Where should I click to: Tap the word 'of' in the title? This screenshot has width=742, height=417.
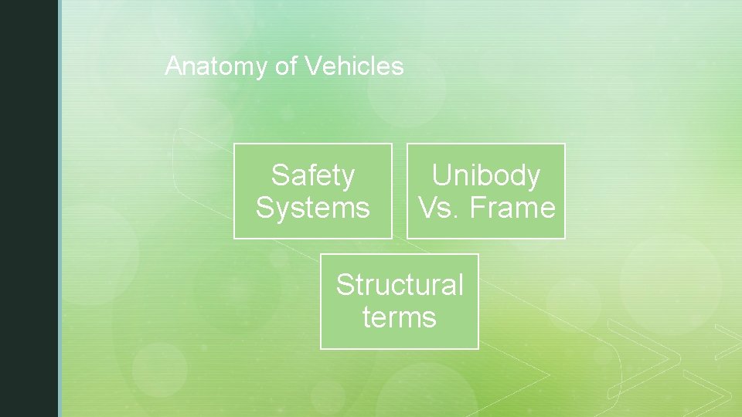pos(286,66)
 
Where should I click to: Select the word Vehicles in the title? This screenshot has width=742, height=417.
pos(354,66)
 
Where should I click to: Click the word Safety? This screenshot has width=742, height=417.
pos(313,176)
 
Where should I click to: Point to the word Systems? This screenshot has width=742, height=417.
pos(313,208)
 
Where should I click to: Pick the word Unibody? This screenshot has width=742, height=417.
pos(485,176)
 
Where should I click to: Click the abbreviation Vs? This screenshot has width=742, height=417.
pos(432,208)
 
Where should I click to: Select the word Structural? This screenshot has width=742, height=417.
pos(400,285)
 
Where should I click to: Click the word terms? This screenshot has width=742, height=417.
pos(400,317)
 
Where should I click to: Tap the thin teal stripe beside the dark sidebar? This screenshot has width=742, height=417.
pos(60,208)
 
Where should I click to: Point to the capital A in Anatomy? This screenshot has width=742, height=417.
pos(172,66)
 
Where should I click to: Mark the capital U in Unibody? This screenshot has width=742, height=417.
pos(441,176)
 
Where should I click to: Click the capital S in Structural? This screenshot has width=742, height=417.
pos(344,285)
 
